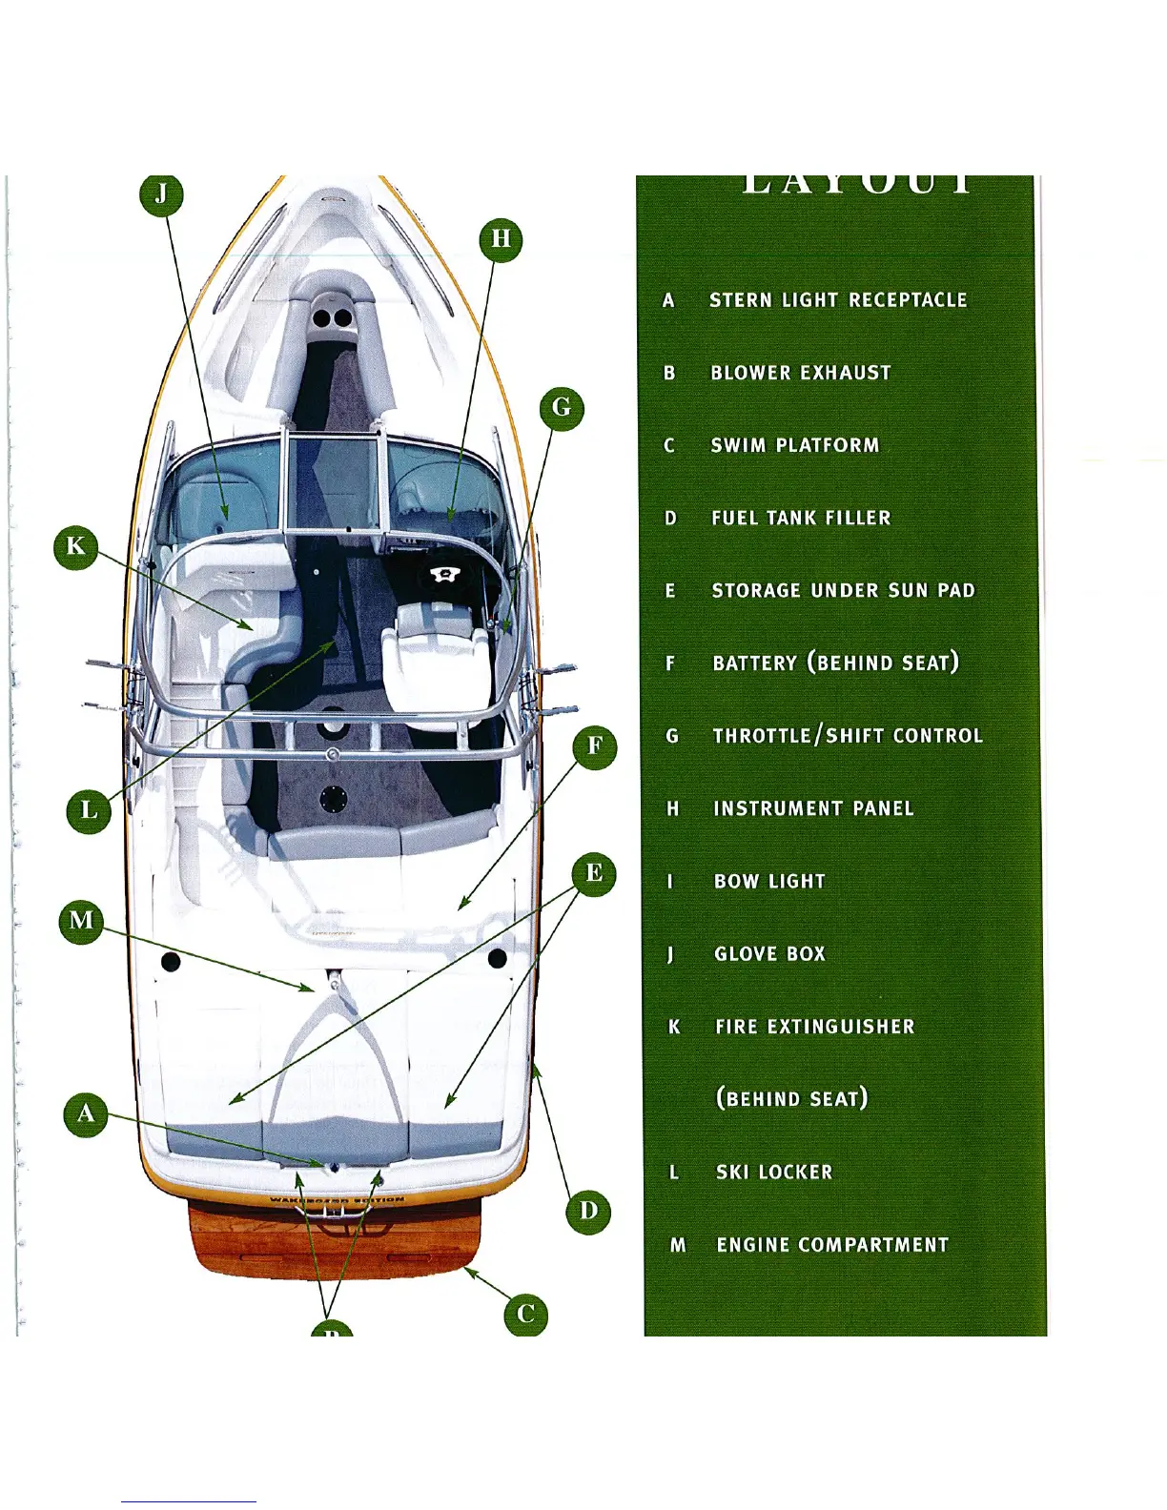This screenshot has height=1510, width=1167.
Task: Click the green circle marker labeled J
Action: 161,194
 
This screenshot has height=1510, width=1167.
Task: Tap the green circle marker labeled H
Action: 501,239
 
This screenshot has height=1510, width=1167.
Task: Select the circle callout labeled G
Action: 562,408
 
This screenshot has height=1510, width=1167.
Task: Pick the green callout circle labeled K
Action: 75,547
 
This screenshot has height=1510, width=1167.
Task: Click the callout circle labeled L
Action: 89,811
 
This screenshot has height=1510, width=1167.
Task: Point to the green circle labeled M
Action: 82,921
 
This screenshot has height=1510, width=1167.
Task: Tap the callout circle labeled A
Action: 86,1113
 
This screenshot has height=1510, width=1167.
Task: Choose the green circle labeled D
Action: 588,1212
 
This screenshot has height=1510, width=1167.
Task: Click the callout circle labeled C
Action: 525,1315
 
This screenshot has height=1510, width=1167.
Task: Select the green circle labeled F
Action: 595,745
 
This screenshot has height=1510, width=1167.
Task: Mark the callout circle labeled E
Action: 594,873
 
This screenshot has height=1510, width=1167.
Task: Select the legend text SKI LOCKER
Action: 774,1173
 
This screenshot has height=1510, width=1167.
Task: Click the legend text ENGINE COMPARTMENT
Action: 832,1245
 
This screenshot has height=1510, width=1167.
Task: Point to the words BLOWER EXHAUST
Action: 801,373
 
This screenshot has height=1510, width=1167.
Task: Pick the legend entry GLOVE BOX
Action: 769,954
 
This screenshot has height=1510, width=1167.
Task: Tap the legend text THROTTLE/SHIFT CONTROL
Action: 848,736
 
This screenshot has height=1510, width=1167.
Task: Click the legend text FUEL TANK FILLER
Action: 801,519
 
